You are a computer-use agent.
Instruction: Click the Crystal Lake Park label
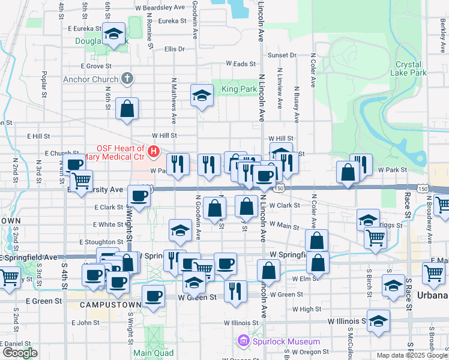[x=411, y=68]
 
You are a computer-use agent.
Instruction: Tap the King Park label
[x=239, y=89]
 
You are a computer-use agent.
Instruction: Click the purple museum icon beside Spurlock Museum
[x=243, y=341]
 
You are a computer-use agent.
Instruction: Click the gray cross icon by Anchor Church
[x=127, y=78]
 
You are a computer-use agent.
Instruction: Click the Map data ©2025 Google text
[x=411, y=355]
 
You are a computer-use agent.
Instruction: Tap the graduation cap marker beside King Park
[x=202, y=95]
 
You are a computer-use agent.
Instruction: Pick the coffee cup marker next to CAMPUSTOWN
[x=153, y=296]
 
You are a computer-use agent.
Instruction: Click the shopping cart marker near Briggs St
[x=375, y=237]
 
